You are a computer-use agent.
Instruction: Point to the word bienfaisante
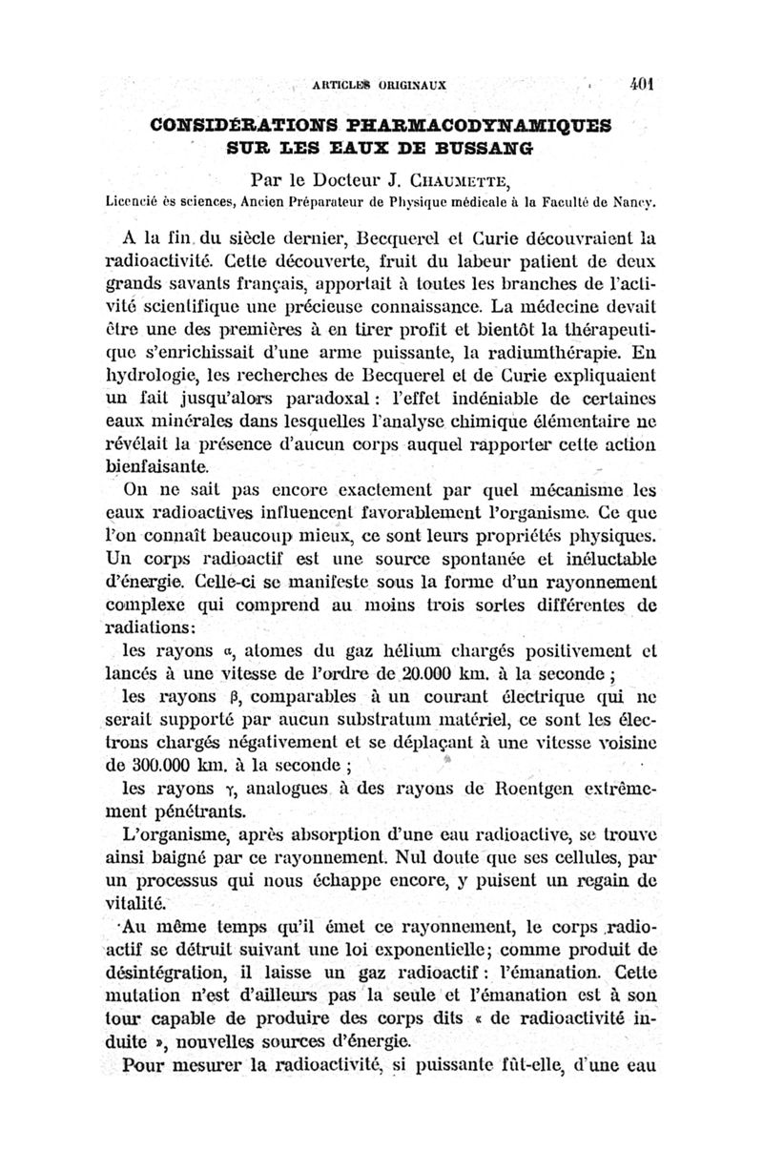tap(159, 468)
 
